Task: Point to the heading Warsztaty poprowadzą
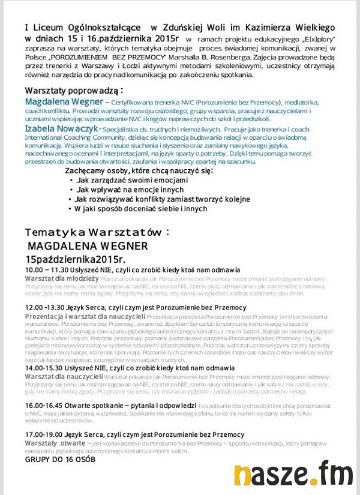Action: click(73, 90)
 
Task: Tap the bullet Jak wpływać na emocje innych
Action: click(125, 190)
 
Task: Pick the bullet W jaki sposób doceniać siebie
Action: click(141, 209)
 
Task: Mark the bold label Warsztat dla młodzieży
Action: click(62, 279)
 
